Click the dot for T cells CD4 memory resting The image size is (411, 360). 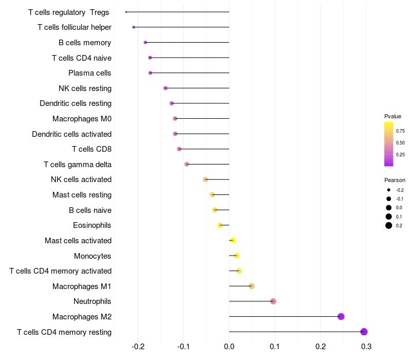point(364,332)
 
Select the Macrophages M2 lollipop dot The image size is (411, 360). point(341,316)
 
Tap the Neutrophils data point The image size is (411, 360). point(273,301)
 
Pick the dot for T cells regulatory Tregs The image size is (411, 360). point(126,12)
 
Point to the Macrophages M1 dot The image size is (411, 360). point(251,286)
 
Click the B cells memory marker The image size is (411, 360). point(145,42)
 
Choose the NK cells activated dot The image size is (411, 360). point(206,179)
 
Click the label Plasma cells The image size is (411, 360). point(90,73)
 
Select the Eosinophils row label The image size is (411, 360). point(92,225)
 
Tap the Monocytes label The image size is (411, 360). point(92,256)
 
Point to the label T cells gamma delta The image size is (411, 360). point(78,165)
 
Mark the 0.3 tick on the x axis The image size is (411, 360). point(366,347)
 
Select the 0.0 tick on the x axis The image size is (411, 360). point(229,347)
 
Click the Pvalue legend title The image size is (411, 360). point(393,116)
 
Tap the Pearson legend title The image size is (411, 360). point(395,181)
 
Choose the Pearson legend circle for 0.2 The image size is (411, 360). point(389,225)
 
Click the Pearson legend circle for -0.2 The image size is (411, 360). point(389,190)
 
